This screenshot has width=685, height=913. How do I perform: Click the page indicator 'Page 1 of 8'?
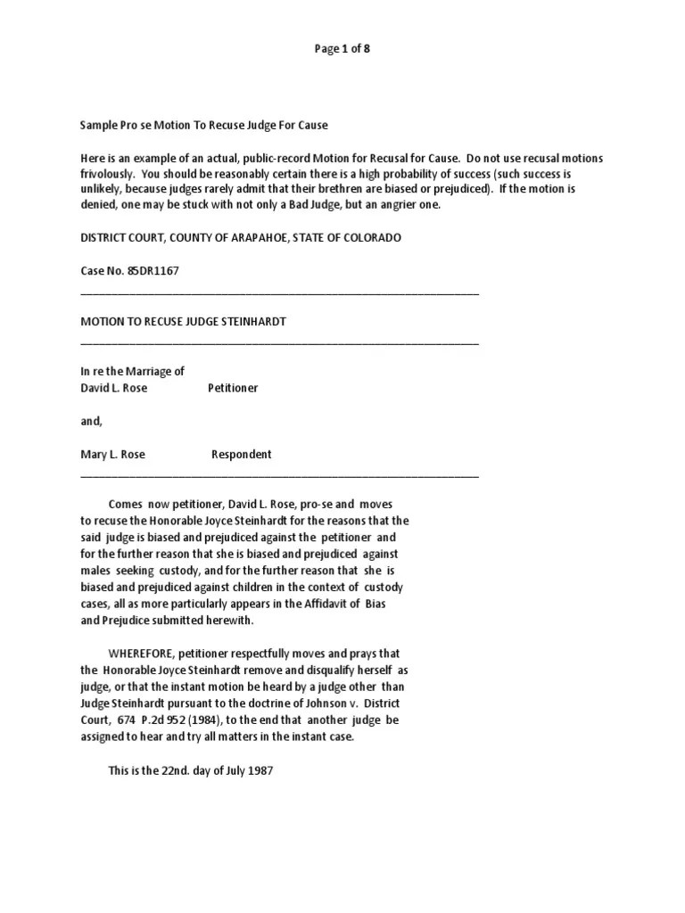[x=342, y=49]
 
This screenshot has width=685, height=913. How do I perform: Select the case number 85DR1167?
[x=152, y=271]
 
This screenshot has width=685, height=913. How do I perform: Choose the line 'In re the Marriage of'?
[x=132, y=371]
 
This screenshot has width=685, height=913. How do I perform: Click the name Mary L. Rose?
[x=112, y=454]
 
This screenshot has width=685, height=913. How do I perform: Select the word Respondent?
[x=241, y=454]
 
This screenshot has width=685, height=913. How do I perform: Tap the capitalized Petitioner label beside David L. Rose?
[x=233, y=388]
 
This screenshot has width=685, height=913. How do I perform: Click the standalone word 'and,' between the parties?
[x=92, y=421]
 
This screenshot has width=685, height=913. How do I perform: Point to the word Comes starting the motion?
[x=126, y=504]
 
